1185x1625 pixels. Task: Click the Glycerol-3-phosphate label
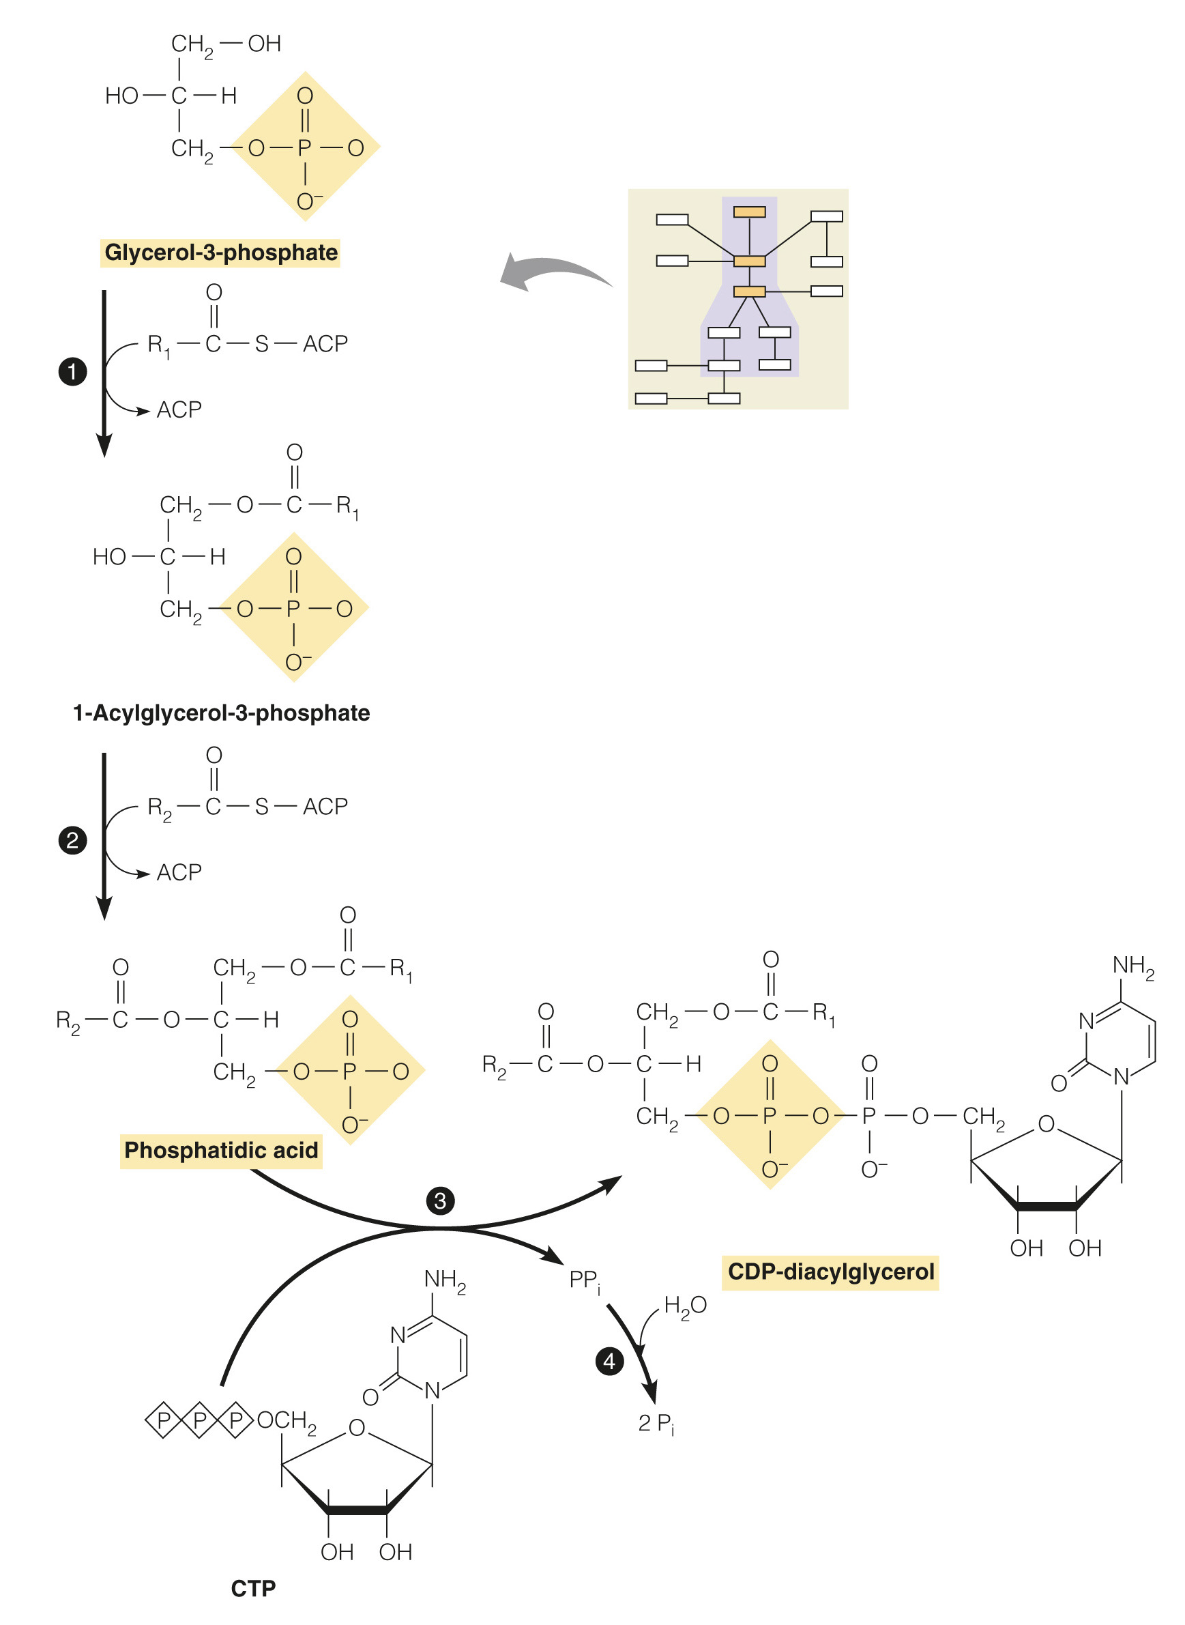point(220,253)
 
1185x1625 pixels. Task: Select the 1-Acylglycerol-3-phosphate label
point(221,713)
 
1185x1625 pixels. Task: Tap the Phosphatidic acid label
point(221,1150)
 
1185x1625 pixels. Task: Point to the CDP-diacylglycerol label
point(830,1271)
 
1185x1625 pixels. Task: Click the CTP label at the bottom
point(253,1588)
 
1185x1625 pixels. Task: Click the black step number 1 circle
point(72,372)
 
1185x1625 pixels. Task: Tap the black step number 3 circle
point(440,1201)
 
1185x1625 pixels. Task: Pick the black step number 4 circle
point(609,1361)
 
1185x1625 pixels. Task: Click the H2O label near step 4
point(685,1305)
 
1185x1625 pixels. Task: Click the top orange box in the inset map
point(749,212)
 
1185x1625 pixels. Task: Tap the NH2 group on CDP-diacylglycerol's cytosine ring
point(1132,966)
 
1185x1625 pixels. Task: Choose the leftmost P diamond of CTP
point(164,1420)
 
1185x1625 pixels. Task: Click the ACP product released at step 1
point(179,409)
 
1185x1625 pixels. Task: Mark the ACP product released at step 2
point(179,872)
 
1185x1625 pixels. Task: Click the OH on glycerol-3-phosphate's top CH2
point(264,44)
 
